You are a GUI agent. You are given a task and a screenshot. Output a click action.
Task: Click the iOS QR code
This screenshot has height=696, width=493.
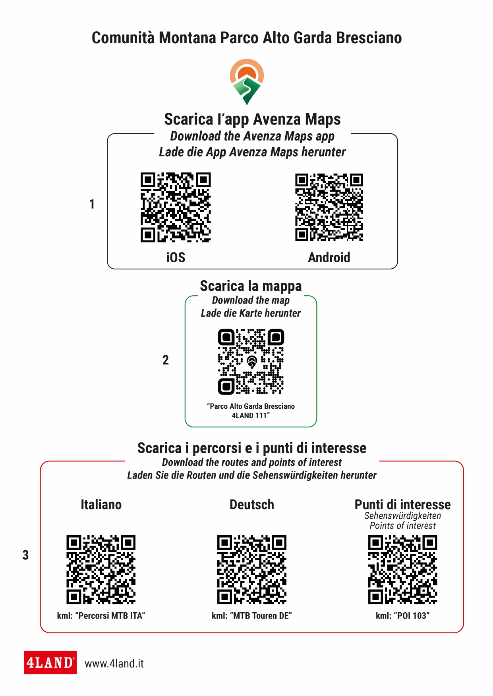176,207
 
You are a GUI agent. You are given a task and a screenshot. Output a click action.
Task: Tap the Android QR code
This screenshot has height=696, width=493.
329,207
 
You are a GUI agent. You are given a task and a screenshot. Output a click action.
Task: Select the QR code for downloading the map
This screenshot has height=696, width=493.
251,361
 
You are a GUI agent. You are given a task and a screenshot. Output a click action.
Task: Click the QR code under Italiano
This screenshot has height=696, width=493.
101,569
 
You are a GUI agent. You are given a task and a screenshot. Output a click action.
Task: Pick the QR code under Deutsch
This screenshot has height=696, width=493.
252,569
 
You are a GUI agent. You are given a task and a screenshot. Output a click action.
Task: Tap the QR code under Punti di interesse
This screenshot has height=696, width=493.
402,569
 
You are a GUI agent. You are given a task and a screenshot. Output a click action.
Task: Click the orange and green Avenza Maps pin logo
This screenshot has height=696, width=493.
247,81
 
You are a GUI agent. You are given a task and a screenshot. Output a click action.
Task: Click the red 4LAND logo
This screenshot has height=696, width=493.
50,662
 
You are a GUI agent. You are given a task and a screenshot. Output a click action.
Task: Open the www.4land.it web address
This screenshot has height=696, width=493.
114,663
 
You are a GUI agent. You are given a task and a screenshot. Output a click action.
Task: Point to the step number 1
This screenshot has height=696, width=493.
92,204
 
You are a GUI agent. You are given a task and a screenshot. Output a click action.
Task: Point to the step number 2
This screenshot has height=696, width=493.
165,360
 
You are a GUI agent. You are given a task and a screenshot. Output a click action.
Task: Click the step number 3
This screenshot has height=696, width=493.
25,555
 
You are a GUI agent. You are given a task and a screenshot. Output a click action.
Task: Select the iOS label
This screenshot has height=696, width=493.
176,257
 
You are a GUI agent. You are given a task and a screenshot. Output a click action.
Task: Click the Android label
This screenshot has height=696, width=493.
329,257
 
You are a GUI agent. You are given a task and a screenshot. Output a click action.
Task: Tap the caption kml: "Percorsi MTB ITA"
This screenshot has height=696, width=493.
101,615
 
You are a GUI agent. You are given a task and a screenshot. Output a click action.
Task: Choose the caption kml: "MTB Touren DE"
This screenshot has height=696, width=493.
252,615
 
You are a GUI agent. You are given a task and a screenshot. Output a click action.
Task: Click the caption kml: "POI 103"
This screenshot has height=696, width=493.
402,615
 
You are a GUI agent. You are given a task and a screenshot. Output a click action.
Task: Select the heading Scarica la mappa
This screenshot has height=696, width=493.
251,286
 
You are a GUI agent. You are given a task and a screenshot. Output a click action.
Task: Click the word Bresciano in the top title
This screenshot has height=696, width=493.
369,38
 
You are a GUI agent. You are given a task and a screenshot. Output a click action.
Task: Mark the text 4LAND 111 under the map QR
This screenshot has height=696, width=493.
250,415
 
